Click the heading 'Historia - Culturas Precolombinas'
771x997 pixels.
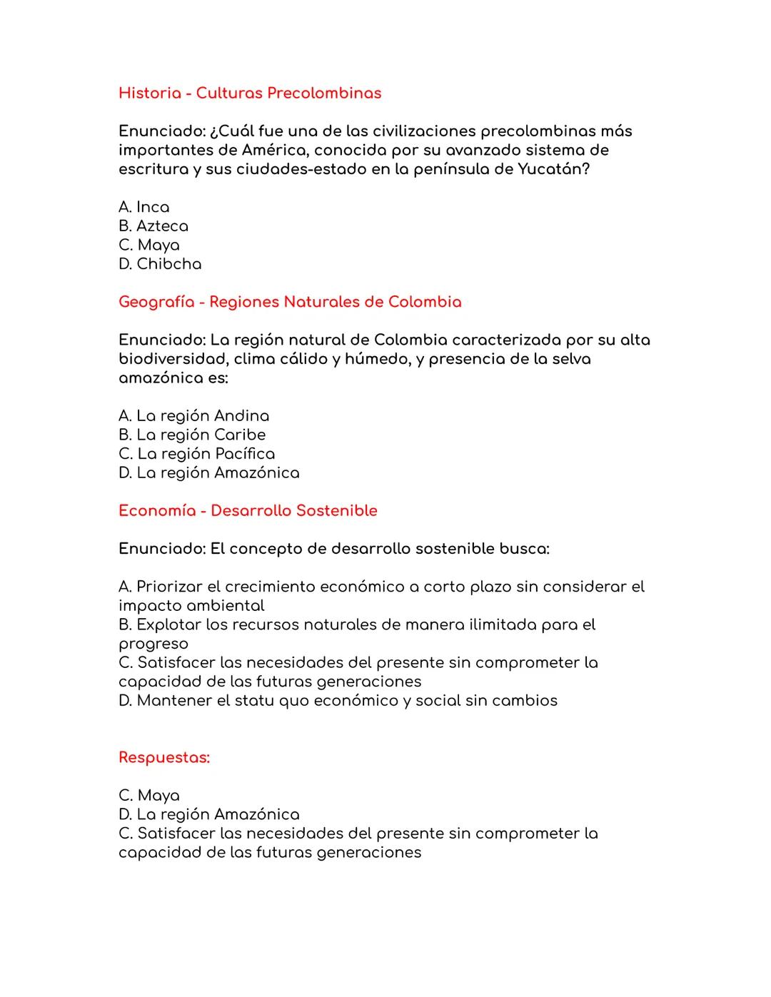pos(250,93)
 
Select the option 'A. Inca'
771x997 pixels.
pos(144,207)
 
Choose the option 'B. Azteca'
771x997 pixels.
pos(153,226)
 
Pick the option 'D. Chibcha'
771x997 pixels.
pos(160,264)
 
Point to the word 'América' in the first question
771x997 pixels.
pos(273,150)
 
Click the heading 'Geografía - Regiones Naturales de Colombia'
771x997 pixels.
pos(290,302)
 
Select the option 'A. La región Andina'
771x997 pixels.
pos(193,416)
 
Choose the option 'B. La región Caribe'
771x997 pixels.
pos(192,435)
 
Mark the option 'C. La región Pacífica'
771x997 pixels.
pos(196,454)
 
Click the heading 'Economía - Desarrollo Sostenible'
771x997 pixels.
pos(248,511)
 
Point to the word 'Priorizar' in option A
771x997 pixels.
pos(169,587)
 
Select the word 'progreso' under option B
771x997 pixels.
pos(153,644)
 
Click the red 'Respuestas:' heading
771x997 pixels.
pos(164,757)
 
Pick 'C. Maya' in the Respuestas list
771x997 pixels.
pos(149,796)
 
